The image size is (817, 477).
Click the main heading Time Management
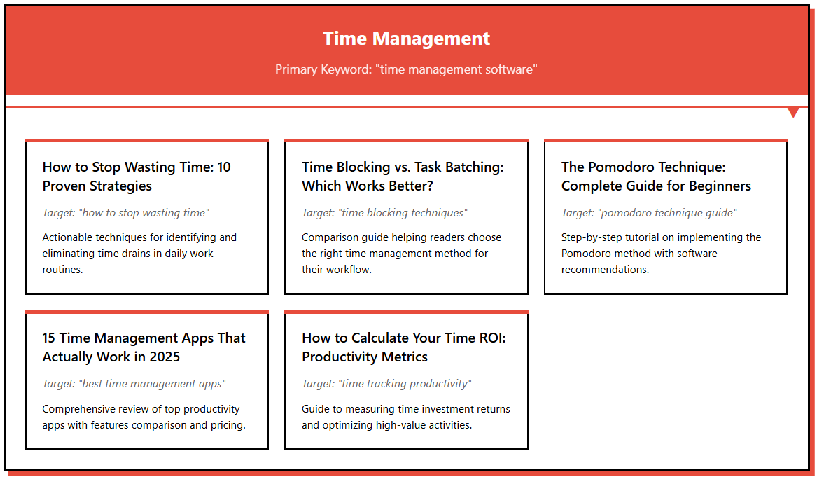tap(406, 39)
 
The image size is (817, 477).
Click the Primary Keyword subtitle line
tap(406, 69)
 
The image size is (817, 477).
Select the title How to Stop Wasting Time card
tap(137, 177)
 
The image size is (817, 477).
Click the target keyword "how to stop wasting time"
tap(126, 213)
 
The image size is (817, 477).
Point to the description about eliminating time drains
tap(139, 253)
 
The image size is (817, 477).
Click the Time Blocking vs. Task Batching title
tap(403, 177)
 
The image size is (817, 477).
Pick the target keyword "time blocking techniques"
tap(384, 213)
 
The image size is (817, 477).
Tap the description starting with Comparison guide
tap(401, 253)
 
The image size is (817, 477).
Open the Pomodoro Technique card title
tap(656, 177)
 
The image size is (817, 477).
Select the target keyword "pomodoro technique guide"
tap(649, 213)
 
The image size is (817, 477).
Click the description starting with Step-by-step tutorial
tap(661, 253)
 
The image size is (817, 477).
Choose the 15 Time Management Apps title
tap(144, 347)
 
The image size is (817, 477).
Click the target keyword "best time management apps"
tap(134, 384)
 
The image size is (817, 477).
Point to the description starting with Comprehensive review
tap(144, 417)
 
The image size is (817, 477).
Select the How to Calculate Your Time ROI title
tap(403, 347)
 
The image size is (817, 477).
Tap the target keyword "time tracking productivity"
tap(386, 384)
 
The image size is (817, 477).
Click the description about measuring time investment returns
tap(406, 417)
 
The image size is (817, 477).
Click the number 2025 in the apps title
tap(164, 357)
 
